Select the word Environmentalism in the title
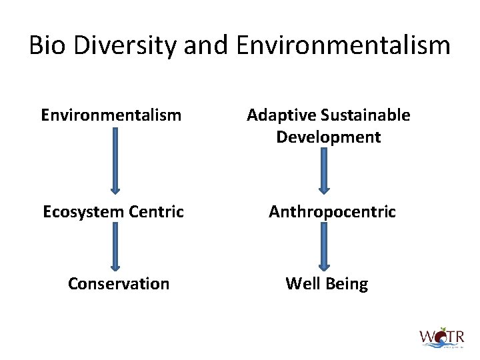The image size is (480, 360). [x=343, y=46]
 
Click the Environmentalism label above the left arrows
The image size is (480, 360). [x=111, y=115]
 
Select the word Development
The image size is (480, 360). [x=328, y=137]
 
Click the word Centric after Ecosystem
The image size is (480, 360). [x=155, y=212]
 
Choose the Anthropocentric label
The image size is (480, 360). [x=332, y=212]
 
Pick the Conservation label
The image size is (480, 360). [x=119, y=283]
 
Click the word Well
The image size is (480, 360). [x=301, y=283]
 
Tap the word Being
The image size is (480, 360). [x=346, y=283]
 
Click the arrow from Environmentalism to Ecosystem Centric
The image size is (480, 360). [x=115, y=161]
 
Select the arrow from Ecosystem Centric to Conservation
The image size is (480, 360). [x=115, y=246]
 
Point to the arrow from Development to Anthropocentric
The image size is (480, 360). [x=325, y=170]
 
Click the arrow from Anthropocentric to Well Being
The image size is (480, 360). [x=325, y=246]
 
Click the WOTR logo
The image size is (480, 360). [x=441, y=336]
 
